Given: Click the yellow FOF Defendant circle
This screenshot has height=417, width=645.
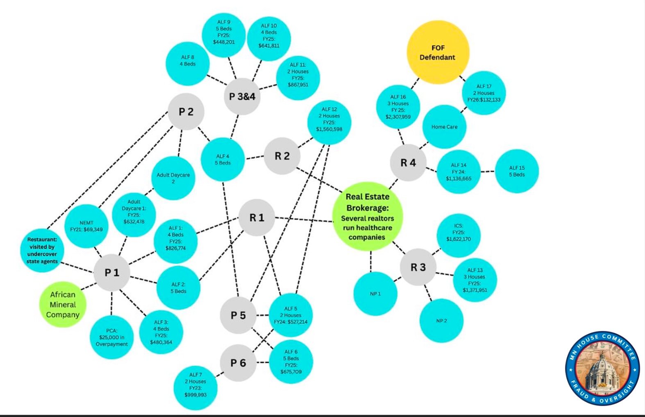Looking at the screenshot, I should [x=438, y=53].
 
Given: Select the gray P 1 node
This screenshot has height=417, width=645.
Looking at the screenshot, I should [x=111, y=273].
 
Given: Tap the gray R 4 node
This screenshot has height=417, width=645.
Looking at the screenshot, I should [x=408, y=163].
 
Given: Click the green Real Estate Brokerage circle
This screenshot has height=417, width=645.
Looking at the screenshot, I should [x=368, y=217].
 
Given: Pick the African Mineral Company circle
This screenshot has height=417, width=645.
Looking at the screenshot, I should [x=63, y=305].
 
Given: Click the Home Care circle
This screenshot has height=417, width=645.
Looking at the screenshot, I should [x=444, y=127].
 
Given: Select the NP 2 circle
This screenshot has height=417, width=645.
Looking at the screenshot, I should [x=441, y=321].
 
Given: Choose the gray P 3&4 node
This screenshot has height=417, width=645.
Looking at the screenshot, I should [x=242, y=96].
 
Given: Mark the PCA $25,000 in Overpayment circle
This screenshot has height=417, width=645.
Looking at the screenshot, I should [x=112, y=337].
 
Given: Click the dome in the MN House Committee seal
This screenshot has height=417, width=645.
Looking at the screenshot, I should [x=602, y=369].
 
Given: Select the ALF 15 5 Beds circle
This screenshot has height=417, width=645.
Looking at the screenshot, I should [x=517, y=171].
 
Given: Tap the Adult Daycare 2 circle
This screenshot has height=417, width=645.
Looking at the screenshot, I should [x=173, y=178].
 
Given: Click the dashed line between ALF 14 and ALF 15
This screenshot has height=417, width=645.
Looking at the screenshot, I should [x=488, y=171].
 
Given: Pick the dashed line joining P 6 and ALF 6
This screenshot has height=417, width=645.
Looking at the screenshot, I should [x=263, y=362].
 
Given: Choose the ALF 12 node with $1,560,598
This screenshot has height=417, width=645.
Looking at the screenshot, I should [x=329, y=123].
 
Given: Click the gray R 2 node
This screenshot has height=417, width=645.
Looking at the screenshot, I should [x=282, y=156].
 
